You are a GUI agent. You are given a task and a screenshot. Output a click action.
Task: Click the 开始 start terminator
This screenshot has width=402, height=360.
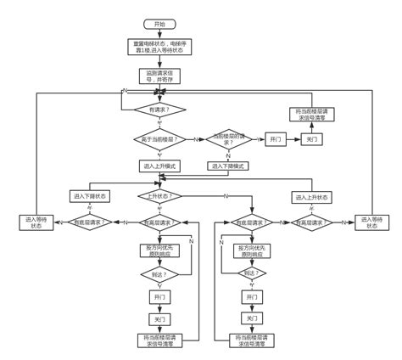[x=160, y=23]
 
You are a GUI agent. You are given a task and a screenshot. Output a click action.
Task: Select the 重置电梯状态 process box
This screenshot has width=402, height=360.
[x=160, y=48]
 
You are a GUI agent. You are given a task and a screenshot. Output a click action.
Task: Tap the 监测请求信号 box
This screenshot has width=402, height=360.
[x=159, y=77]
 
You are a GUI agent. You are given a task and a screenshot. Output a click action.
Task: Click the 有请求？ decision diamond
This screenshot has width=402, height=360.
[x=159, y=109]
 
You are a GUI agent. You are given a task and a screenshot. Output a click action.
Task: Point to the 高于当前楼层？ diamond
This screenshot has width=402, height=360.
[x=159, y=139]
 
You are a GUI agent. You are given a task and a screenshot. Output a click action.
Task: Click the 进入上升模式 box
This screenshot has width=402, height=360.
[x=159, y=166]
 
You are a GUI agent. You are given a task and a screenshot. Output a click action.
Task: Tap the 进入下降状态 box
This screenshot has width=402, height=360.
[x=90, y=196]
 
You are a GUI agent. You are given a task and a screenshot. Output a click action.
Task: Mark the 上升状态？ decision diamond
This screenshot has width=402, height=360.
[x=159, y=196]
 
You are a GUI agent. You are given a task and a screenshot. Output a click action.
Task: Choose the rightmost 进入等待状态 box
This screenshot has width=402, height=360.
[x=371, y=222]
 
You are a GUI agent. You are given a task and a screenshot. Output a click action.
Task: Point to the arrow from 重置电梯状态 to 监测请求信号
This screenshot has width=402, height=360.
[x=160, y=62]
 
